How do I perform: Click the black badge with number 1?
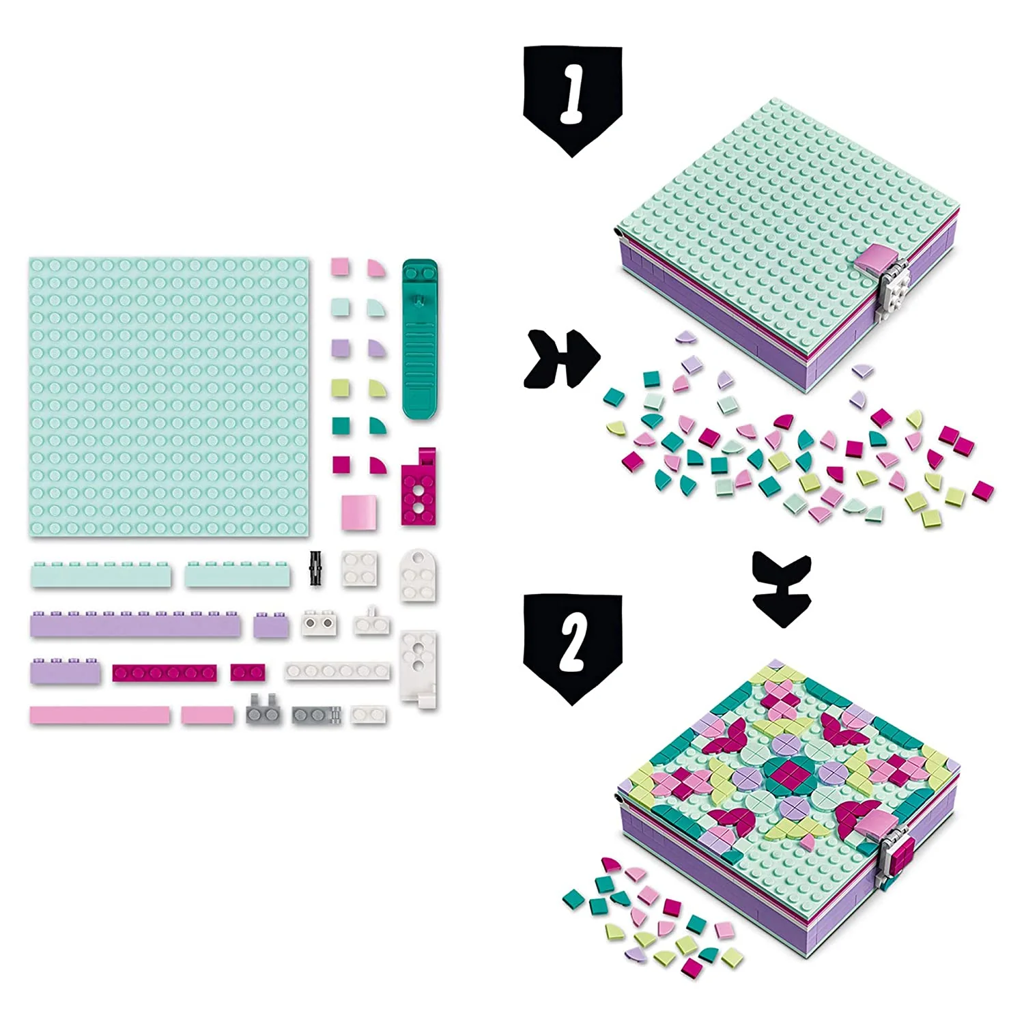pos(572,99)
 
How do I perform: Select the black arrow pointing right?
pos(561,358)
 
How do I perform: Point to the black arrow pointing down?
pos(782,588)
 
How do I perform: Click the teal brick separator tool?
pos(419,339)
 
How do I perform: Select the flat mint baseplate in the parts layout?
pos(169,397)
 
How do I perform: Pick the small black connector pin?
pos(315,568)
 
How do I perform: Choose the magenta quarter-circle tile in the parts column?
pos(378,466)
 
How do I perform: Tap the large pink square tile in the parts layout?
pos(359,512)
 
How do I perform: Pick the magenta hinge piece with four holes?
pos(418,487)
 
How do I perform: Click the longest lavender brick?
pos(135,624)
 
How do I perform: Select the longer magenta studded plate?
pos(165,673)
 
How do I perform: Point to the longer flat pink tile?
pos(100,715)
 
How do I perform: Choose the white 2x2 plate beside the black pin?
pos(360,568)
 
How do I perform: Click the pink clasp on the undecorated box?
pos(878,260)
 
